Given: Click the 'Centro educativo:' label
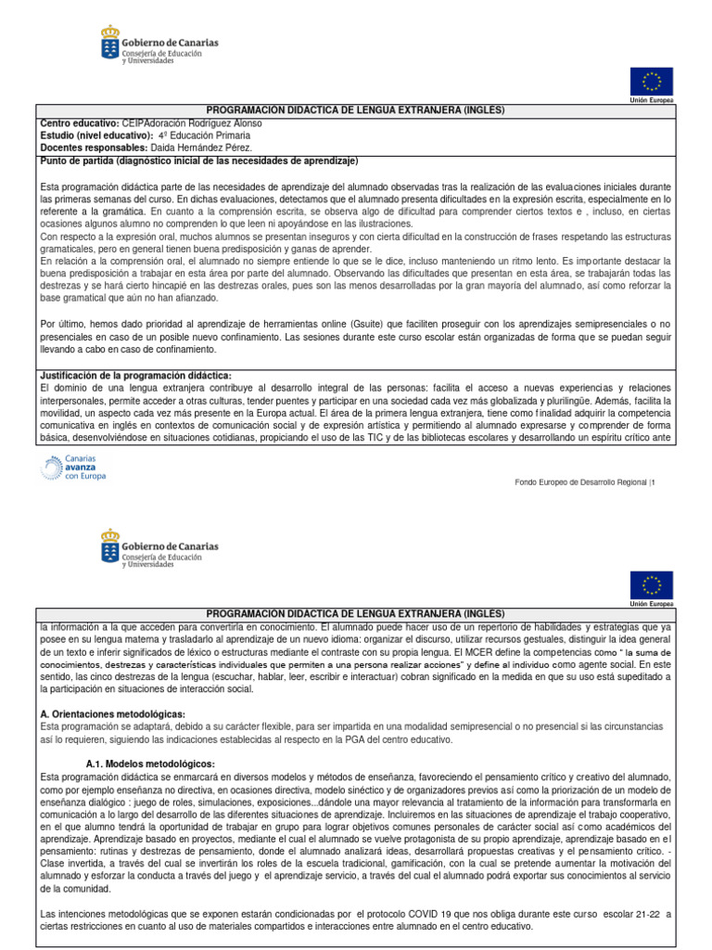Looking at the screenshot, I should pyautogui.click(x=79, y=123).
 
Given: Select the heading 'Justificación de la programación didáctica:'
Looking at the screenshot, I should pyautogui.click(x=135, y=375).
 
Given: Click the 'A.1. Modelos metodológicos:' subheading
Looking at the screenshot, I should pyautogui.click(x=149, y=763).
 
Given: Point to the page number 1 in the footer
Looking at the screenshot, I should pyautogui.click(x=653, y=481).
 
